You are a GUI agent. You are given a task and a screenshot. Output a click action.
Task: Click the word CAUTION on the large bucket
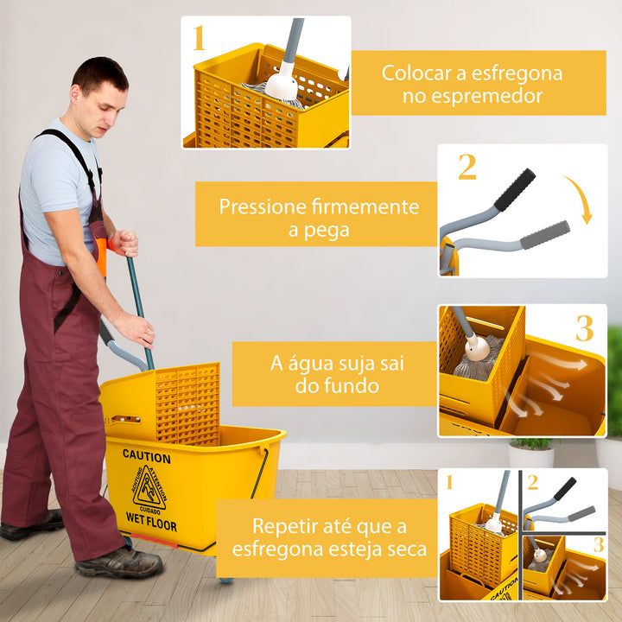pos(146,454)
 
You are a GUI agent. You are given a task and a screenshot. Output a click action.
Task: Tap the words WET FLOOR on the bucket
pos(151,525)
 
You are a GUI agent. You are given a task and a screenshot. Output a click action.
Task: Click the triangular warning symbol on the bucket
pos(149,489)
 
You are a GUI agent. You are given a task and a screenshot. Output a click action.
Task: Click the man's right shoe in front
pos(118,562)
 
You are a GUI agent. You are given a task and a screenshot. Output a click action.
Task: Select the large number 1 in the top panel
pos(199,39)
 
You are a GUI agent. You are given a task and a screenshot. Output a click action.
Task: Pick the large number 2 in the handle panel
pos(466,167)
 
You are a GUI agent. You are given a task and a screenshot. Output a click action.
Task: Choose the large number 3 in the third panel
pos(585,329)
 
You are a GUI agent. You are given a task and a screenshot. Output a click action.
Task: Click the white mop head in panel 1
pos(281,85)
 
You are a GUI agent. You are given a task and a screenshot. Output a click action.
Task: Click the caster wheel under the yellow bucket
pos(225,579)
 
